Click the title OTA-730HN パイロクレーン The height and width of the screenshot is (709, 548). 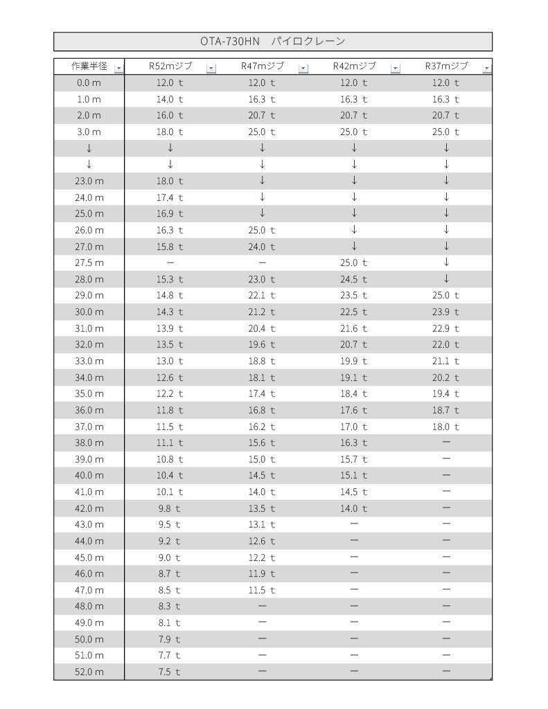click(273, 42)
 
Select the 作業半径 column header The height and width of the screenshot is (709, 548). click(89, 66)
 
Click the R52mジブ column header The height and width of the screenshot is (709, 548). click(170, 66)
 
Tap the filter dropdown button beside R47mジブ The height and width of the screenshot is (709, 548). click(303, 68)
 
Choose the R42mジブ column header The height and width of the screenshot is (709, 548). click(354, 66)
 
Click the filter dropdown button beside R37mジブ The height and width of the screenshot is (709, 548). click(487, 68)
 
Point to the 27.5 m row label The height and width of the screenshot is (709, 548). click(89, 262)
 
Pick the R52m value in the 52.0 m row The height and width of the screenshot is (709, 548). click(170, 672)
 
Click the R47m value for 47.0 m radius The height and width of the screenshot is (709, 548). click(262, 590)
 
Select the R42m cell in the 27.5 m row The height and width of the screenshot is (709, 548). click(354, 262)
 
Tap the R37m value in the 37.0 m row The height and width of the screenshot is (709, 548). click(446, 427)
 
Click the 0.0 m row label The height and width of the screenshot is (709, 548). click(89, 82)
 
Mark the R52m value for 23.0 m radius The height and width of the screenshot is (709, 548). click(170, 181)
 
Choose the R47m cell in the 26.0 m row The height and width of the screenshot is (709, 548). click(262, 230)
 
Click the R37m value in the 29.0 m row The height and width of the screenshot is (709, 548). click(446, 295)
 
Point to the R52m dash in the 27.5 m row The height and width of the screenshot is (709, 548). click(170, 262)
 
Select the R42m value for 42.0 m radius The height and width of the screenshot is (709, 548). click(354, 508)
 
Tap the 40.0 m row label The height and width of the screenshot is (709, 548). click(89, 476)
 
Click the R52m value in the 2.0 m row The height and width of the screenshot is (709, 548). click(170, 115)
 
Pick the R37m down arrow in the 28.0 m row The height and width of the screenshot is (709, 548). click(446, 278)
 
